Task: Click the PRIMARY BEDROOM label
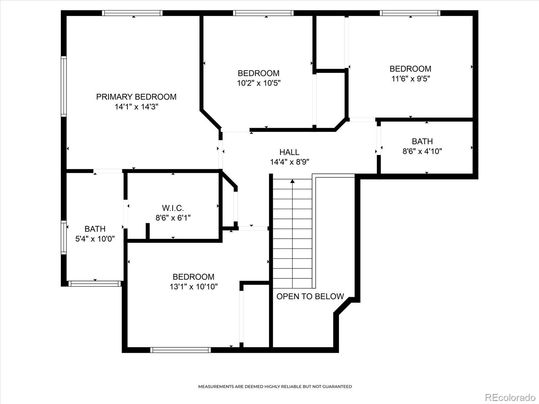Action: (x=136, y=97)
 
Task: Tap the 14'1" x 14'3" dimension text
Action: (x=136, y=107)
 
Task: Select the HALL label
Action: (x=289, y=152)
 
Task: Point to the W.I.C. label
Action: (x=173, y=208)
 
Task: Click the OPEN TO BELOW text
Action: (x=310, y=296)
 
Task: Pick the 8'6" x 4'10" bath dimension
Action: (x=422, y=151)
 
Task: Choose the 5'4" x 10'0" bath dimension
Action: (x=95, y=239)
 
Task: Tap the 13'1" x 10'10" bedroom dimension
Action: (x=193, y=287)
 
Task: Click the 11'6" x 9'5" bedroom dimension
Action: (x=411, y=79)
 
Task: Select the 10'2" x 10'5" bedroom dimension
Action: (x=259, y=83)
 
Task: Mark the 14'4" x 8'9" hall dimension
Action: (x=289, y=162)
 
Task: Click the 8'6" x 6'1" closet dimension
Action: (x=173, y=218)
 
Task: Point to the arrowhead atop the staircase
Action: (x=292, y=181)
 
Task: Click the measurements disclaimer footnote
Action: (x=275, y=386)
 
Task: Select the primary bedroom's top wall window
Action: (x=132, y=13)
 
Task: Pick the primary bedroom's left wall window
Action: (x=64, y=86)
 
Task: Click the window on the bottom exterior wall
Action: (x=181, y=350)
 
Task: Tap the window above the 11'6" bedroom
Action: (x=410, y=13)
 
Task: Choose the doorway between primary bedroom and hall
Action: (x=221, y=155)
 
